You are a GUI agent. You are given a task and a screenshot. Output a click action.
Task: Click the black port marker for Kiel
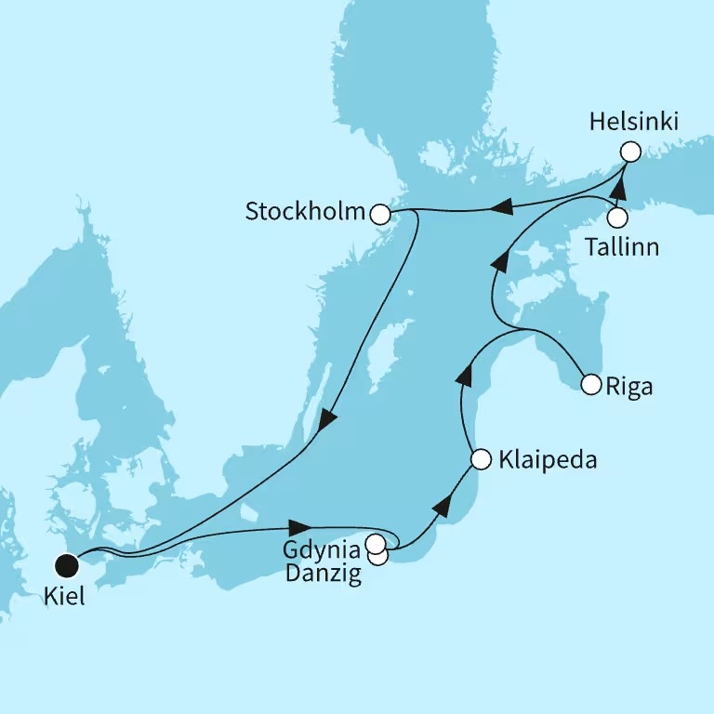(x=66, y=564)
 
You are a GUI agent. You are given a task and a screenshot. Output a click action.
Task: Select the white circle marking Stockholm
(x=379, y=215)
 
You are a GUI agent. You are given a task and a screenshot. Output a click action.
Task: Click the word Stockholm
(x=305, y=212)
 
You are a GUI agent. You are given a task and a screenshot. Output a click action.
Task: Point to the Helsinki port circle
(x=630, y=152)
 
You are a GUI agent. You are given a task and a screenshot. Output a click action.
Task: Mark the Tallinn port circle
(x=617, y=218)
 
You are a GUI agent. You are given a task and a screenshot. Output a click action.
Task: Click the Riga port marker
(x=589, y=383)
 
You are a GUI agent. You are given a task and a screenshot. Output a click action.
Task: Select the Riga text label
(x=629, y=386)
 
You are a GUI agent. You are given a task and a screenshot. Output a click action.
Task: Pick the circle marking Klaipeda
(x=481, y=459)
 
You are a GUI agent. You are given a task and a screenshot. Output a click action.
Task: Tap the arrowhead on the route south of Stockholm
(x=326, y=420)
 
